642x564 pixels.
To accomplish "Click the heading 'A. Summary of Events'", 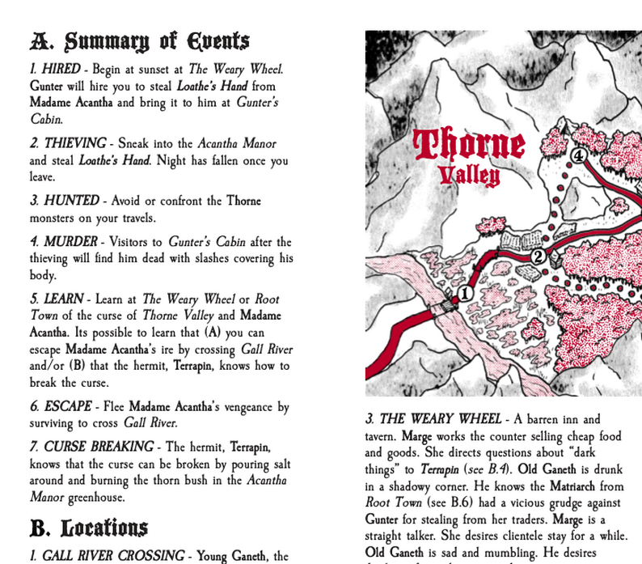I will (x=139, y=41).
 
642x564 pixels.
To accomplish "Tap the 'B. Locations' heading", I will (x=88, y=528).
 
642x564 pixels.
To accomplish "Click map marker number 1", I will (x=465, y=293).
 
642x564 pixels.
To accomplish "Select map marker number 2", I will (x=538, y=257).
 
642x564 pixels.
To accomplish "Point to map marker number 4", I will (x=578, y=155).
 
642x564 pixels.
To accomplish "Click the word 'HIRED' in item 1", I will (x=61, y=70).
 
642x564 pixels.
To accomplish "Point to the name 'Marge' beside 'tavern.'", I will (x=416, y=436).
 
